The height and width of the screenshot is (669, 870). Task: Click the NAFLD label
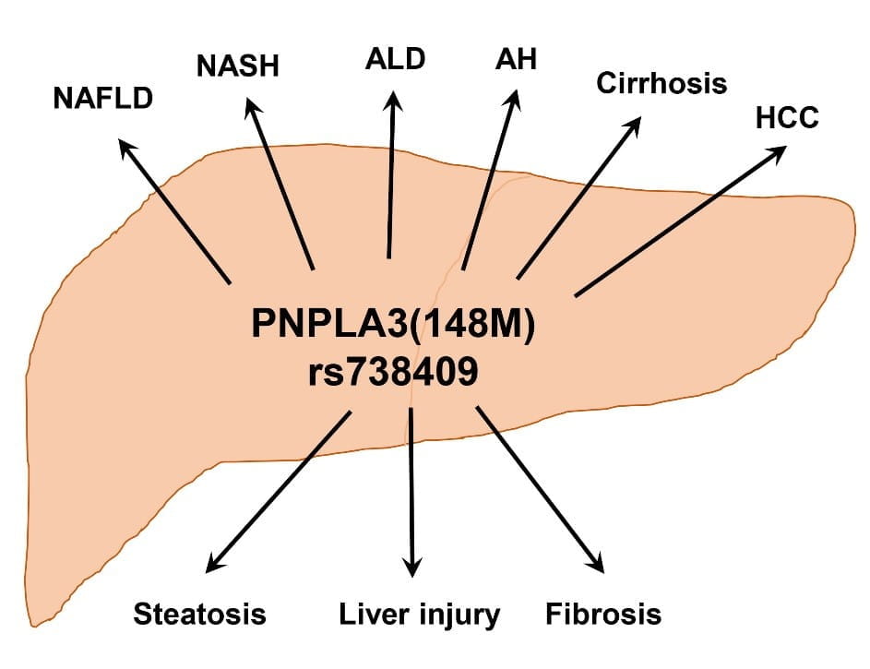(102, 98)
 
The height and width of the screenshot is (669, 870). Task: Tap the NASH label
(237, 66)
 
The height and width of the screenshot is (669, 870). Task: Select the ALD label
(395, 59)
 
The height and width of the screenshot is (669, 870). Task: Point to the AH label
(516, 60)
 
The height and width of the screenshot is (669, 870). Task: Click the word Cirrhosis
(661, 84)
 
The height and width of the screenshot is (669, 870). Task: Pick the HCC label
(786, 119)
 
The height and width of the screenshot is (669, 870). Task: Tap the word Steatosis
(200, 614)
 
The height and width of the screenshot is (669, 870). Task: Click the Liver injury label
(419, 614)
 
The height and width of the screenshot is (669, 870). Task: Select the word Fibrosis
(603, 614)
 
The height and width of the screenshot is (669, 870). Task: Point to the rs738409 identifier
(393, 373)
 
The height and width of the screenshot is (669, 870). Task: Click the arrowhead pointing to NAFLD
(127, 149)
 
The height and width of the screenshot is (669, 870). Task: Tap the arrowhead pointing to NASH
(251, 107)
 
